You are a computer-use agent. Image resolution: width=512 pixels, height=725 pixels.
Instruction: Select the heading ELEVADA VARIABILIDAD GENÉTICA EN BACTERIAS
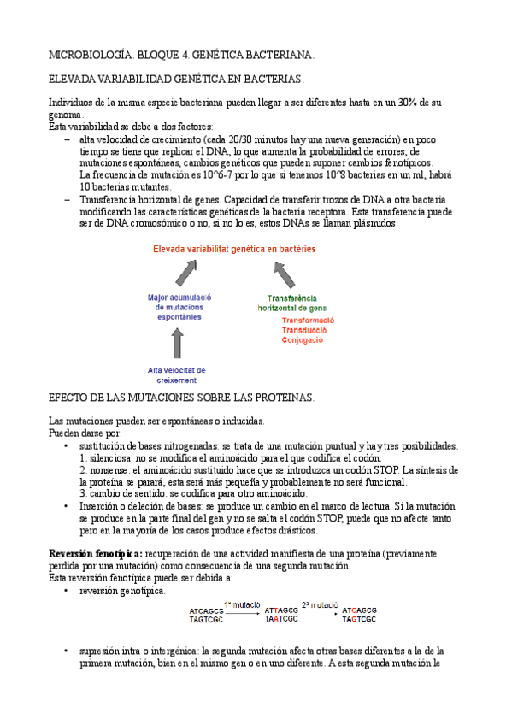[176, 79]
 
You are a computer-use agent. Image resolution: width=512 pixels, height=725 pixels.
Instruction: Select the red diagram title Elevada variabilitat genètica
[233, 249]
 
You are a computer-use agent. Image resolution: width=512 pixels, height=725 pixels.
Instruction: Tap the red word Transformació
[308, 321]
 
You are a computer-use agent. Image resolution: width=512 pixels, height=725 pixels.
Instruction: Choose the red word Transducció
[306, 331]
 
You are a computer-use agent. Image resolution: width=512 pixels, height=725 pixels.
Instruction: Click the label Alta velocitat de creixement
[178, 374]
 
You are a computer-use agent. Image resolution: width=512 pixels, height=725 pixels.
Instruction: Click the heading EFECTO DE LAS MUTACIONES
[181, 398]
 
